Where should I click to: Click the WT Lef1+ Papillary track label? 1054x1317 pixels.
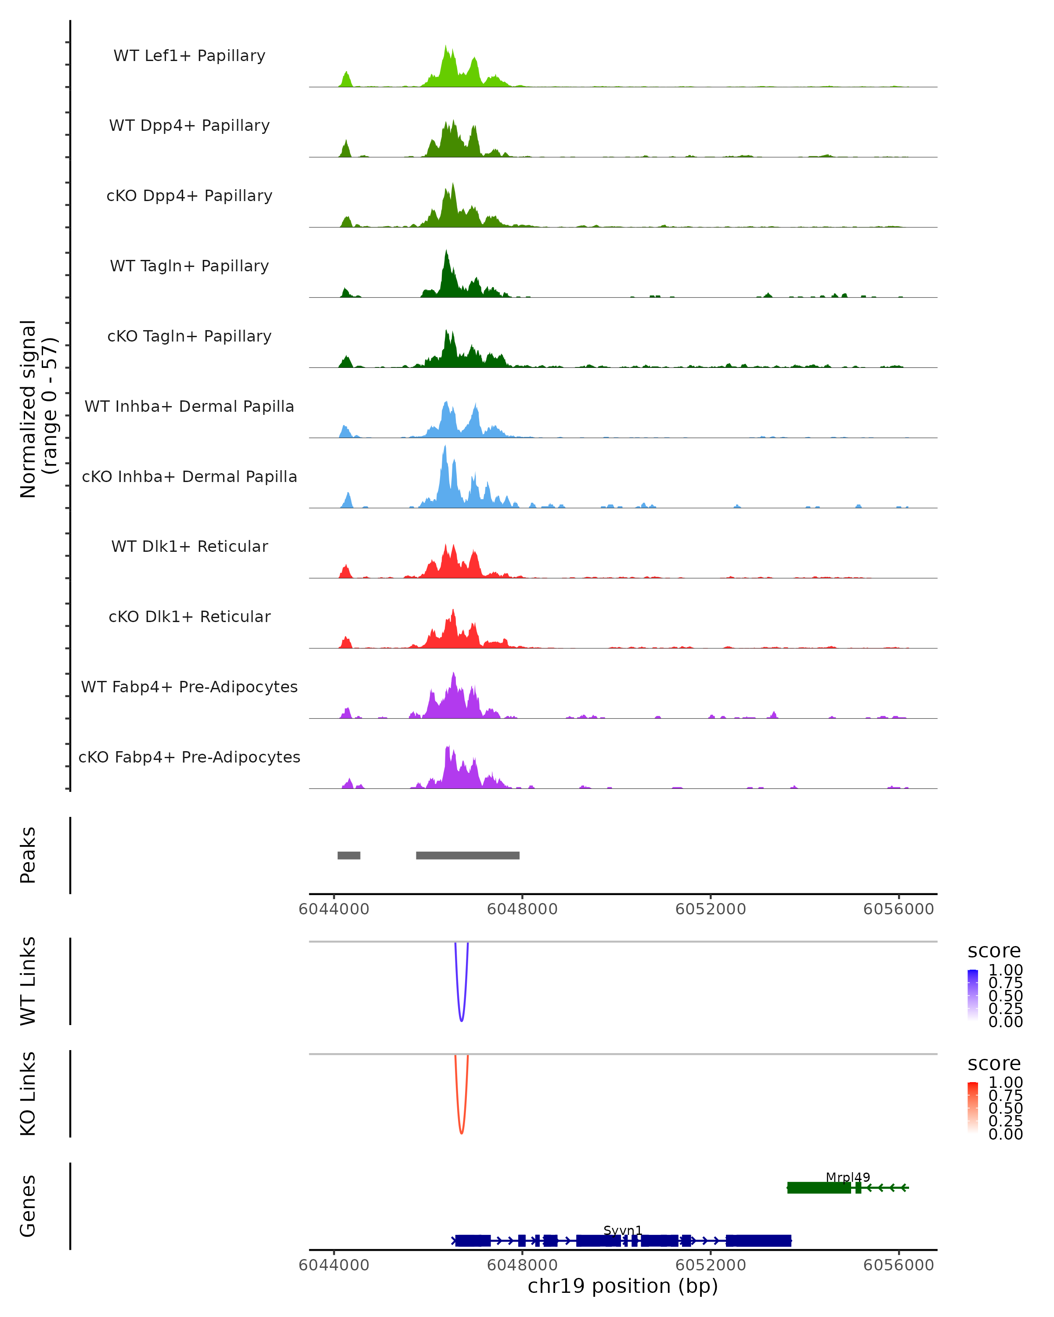(x=189, y=56)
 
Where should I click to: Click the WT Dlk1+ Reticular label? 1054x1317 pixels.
(x=189, y=546)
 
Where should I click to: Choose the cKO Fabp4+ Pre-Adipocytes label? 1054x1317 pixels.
(x=189, y=757)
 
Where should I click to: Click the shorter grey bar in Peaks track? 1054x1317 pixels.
(x=349, y=855)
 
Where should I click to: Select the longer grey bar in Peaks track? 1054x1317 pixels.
(x=467, y=855)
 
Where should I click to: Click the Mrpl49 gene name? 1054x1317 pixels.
(x=848, y=1177)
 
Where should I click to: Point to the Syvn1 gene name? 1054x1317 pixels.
(x=623, y=1230)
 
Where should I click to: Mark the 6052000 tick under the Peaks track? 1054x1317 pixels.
(x=711, y=909)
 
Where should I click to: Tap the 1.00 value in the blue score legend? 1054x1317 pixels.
(x=1005, y=970)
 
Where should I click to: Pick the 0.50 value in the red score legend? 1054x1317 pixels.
(x=1005, y=1108)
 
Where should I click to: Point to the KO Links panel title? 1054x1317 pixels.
(x=28, y=1094)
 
